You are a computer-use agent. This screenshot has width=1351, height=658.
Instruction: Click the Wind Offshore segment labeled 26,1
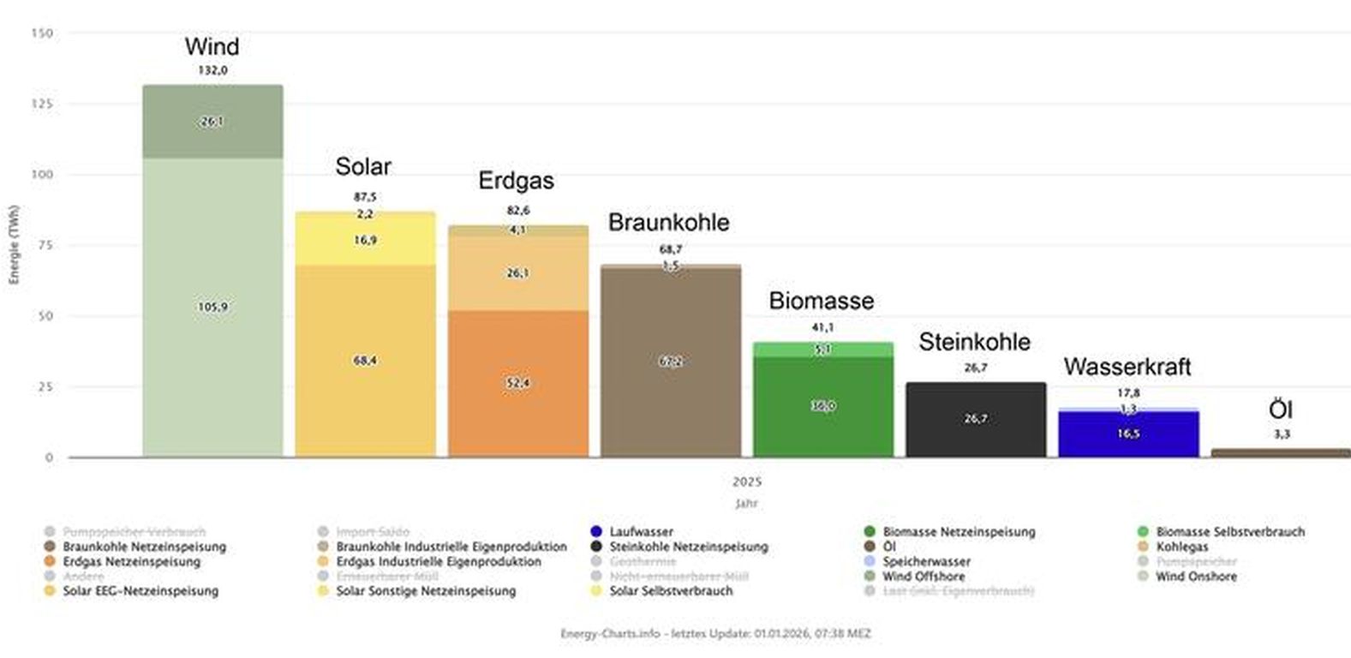(212, 122)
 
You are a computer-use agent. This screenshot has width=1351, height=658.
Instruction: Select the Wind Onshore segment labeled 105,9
(212, 307)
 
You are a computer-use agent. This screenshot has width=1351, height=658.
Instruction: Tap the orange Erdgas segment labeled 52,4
(517, 382)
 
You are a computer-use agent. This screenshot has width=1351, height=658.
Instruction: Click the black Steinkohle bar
(976, 419)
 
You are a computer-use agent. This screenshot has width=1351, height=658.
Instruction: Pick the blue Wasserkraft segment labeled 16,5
(1128, 434)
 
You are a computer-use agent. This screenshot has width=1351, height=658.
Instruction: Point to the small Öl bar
(1281, 452)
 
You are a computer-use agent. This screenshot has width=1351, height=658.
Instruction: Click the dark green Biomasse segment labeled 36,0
(823, 406)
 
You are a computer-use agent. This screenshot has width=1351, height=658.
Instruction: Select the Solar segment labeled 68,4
(365, 361)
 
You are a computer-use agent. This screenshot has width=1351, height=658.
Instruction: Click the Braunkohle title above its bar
(669, 222)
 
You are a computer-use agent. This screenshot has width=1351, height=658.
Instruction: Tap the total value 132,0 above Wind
(212, 70)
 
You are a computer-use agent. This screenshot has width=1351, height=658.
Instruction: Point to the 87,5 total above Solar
(365, 196)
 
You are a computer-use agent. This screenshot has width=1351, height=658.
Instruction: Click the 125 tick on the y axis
(43, 104)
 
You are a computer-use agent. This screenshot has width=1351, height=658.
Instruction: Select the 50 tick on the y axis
(46, 316)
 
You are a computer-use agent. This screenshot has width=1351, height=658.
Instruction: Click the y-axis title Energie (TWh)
(14, 245)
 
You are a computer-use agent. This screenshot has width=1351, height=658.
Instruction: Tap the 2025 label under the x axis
(746, 482)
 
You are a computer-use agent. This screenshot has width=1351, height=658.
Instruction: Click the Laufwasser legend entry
(641, 532)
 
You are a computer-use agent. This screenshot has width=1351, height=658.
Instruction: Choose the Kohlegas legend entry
(1181, 547)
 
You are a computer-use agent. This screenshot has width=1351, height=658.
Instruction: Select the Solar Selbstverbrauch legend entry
(670, 591)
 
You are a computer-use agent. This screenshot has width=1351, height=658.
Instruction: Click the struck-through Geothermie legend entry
(642, 562)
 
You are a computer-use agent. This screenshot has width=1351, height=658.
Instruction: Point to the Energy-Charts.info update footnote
(715, 634)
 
